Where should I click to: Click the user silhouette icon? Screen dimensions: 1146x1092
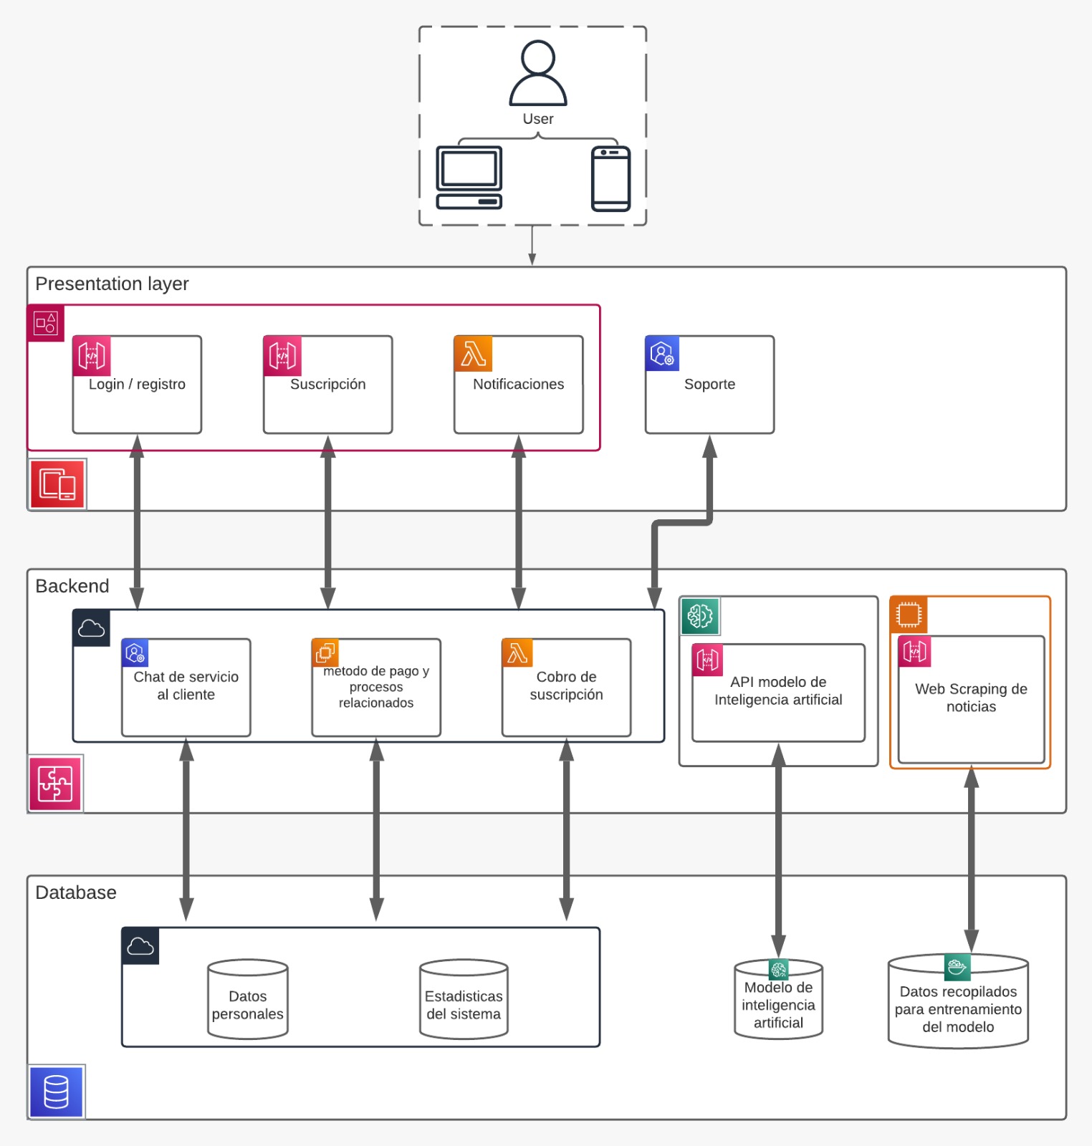click(x=537, y=73)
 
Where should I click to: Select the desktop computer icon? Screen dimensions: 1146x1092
click(x=469, y=178)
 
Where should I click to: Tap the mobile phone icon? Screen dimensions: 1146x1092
click(x=610, y=179)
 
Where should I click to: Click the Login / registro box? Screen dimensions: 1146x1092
click(x=137, y=385)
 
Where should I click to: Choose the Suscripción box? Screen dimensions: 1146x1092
click(x=327, y=385)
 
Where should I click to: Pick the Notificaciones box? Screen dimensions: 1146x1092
click(x=518, y=385)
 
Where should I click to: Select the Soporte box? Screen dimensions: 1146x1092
click(x=709, y=385)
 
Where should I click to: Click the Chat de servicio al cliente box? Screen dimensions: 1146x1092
click(x=186, y=688)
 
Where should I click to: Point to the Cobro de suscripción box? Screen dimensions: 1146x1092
click(x=566, y=688)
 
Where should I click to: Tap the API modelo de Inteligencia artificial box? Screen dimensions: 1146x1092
click(x=778, y=693)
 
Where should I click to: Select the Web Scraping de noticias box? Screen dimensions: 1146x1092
click(x=971, y=699)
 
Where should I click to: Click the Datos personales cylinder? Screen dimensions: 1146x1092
click(x=248, y=1000)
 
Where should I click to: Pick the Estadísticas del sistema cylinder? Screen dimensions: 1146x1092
click(x=464, y=1000)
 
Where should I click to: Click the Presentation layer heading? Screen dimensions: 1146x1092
click(x=112, y=284)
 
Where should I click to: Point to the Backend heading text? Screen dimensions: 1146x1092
click(x=72, y=587)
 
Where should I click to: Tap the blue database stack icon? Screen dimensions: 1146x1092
click(x=57, y=1092)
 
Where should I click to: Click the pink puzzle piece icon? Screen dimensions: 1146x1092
click(x=55, y=784)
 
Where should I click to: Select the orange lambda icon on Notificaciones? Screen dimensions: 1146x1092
click(x=473, y=354)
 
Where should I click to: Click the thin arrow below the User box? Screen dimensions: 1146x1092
click(x=532, y=246)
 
